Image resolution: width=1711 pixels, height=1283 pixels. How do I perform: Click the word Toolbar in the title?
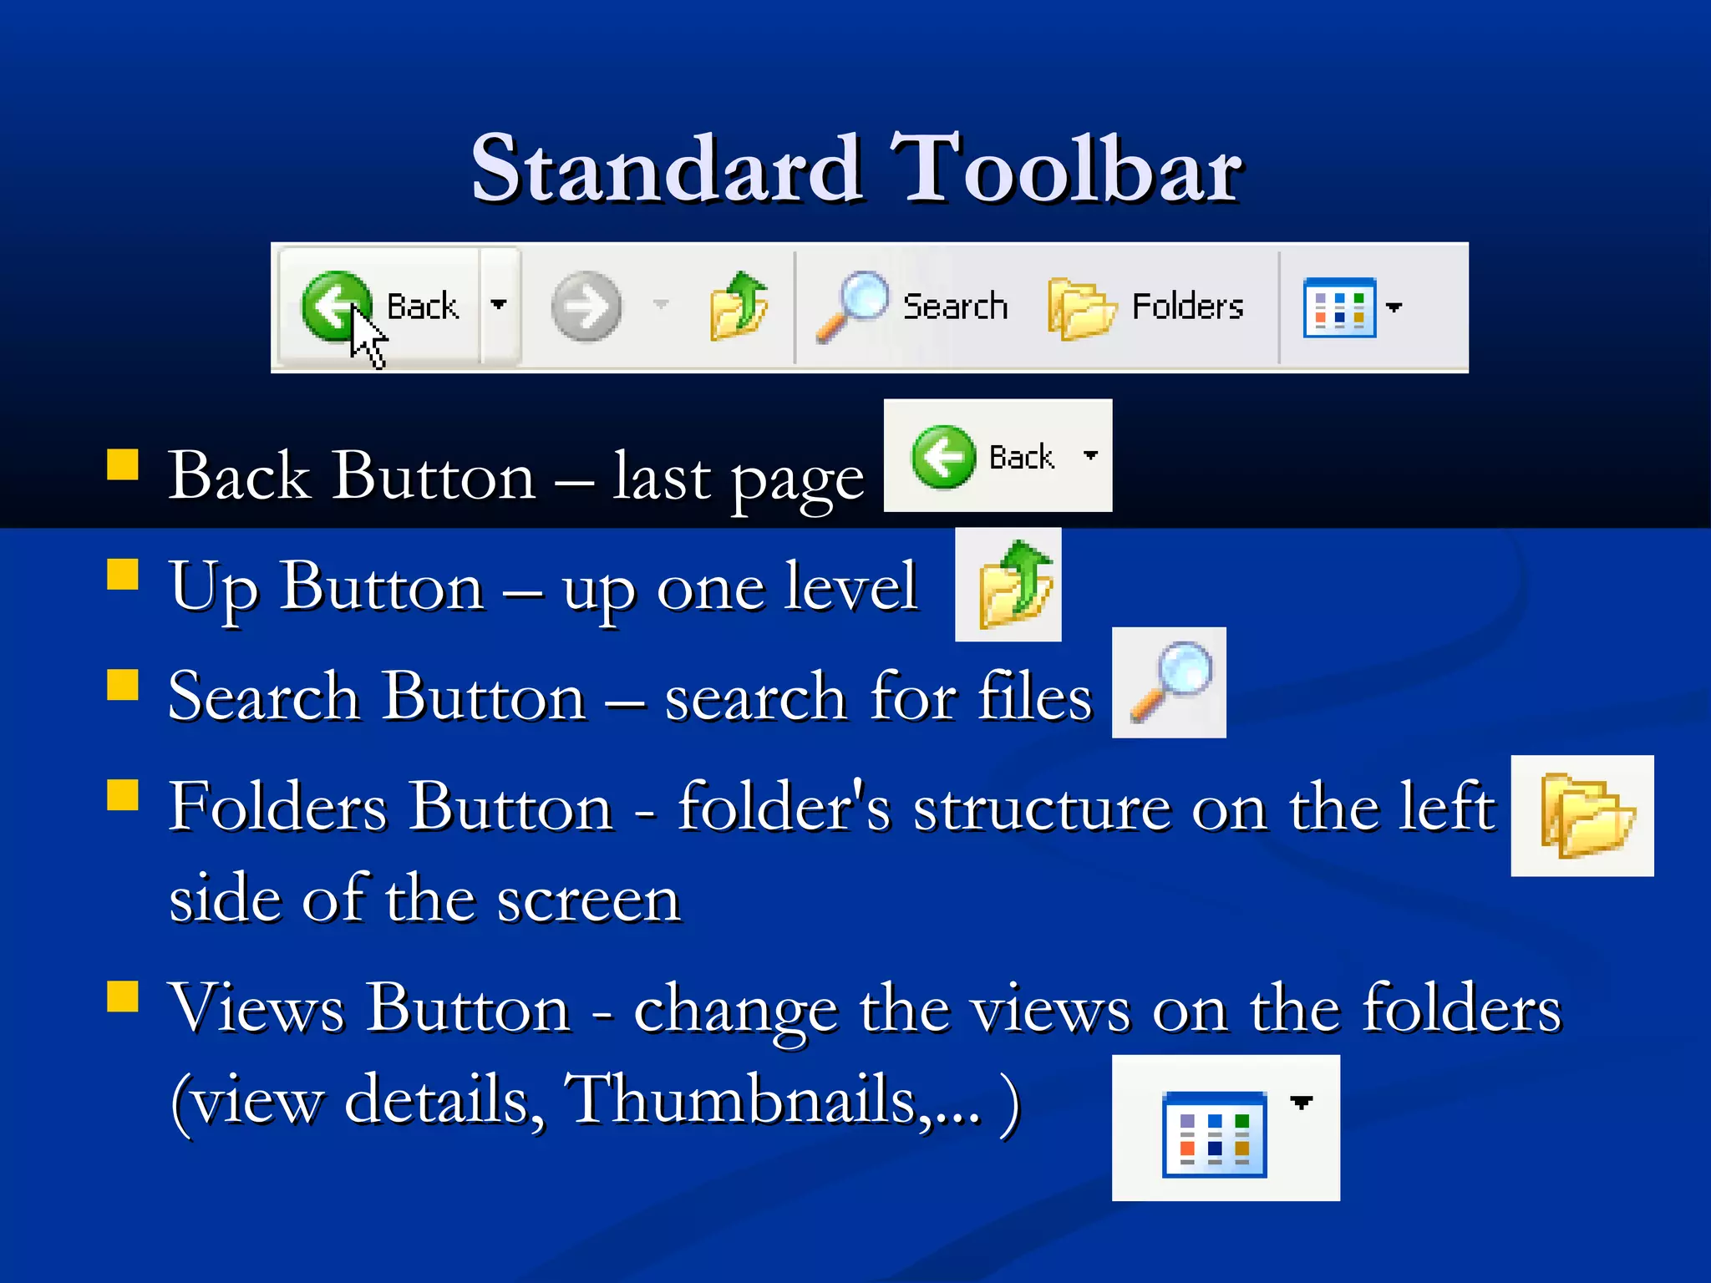[x=1066, y=170]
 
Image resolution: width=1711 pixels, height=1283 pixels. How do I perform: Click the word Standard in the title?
[x=666, y=170]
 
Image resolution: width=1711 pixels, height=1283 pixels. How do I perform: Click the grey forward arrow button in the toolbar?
[x=586, y=307]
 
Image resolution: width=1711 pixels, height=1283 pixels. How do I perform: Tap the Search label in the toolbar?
[x=955, y=307]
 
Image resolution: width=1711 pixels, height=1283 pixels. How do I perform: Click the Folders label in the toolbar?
[x=1187, y=307]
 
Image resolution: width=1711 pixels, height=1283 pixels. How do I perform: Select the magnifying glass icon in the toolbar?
[x=852, y=306]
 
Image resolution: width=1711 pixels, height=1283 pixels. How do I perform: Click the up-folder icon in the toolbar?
[x=739, y=306]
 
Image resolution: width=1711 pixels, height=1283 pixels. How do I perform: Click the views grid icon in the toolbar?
[x=1339, y=307]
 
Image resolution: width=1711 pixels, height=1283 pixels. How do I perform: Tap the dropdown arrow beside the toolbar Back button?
[x=499, y=305]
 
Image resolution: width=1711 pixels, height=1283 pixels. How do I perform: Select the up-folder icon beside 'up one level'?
[x=1014, y=585]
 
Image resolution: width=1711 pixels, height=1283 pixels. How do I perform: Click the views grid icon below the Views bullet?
[x=1215, y=1134]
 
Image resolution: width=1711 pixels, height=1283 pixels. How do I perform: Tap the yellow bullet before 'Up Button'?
[x=123, y=575]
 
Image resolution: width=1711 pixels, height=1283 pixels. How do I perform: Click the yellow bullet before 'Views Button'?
[x=123, y=996]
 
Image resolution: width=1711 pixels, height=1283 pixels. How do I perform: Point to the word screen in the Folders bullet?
[x=588, y=900]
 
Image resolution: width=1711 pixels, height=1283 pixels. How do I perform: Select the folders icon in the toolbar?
[x=1081, y=308]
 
